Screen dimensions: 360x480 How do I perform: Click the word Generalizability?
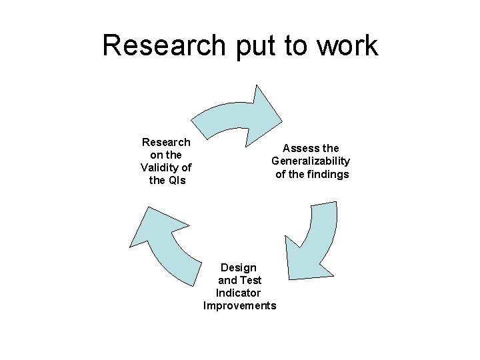[311, 161]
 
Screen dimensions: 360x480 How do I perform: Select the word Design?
[238, 267]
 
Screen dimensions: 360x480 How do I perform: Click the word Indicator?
[238, 293]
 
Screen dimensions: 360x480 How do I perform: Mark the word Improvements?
[239, 305]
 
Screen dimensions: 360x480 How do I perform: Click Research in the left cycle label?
[166, 142]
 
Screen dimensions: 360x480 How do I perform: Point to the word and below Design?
[227, 280]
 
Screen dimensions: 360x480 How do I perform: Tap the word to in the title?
[288, 46]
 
